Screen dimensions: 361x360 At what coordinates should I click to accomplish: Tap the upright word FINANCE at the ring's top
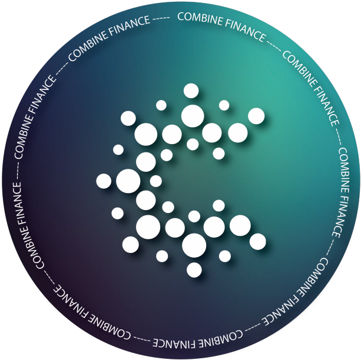pos(245,31)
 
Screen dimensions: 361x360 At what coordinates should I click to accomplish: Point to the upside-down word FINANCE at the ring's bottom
pos(175,343)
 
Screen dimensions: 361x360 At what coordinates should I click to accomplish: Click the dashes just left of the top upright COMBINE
pos(161,18)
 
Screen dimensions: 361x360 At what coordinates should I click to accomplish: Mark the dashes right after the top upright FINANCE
pos(274,45)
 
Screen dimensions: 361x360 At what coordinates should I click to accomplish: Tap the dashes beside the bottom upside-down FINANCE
pos(142,339)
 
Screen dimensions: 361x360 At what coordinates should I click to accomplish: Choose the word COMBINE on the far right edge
pos(344,170)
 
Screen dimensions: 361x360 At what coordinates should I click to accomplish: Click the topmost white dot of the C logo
pos(191,91)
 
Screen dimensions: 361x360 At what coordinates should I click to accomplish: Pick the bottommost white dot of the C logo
pos(194,270)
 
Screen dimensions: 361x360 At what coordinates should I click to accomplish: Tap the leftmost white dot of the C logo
pos(104,181)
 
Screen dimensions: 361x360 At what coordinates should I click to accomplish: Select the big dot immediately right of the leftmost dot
pos(128,181)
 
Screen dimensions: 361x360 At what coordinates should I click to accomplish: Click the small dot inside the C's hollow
pos(156,181)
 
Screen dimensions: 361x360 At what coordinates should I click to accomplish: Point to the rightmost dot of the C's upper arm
pos(256,116)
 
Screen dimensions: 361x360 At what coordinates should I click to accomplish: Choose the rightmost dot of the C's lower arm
pos(258,242)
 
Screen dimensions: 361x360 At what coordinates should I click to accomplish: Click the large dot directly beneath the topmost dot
pos(193,116)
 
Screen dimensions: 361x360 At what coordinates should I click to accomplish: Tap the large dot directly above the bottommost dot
pos(194,245)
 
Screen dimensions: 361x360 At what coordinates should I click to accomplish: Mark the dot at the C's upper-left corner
pos(128,118)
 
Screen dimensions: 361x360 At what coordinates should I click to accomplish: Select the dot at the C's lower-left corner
pos(131,245)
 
